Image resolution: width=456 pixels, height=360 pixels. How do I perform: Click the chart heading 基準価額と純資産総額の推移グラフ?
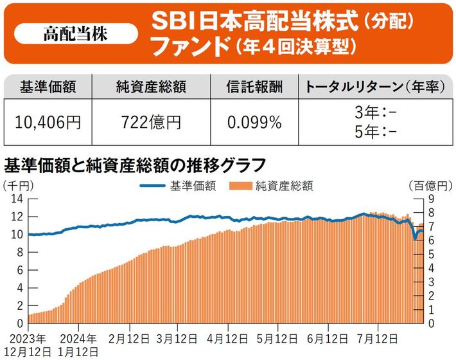[x=135, y=165]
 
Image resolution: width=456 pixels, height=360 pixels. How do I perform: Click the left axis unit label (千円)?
[x=19, y=186]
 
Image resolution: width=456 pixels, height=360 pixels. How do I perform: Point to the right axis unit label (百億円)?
[x=430, y=186]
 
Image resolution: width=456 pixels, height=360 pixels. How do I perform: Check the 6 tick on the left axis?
[x=20, y=270]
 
